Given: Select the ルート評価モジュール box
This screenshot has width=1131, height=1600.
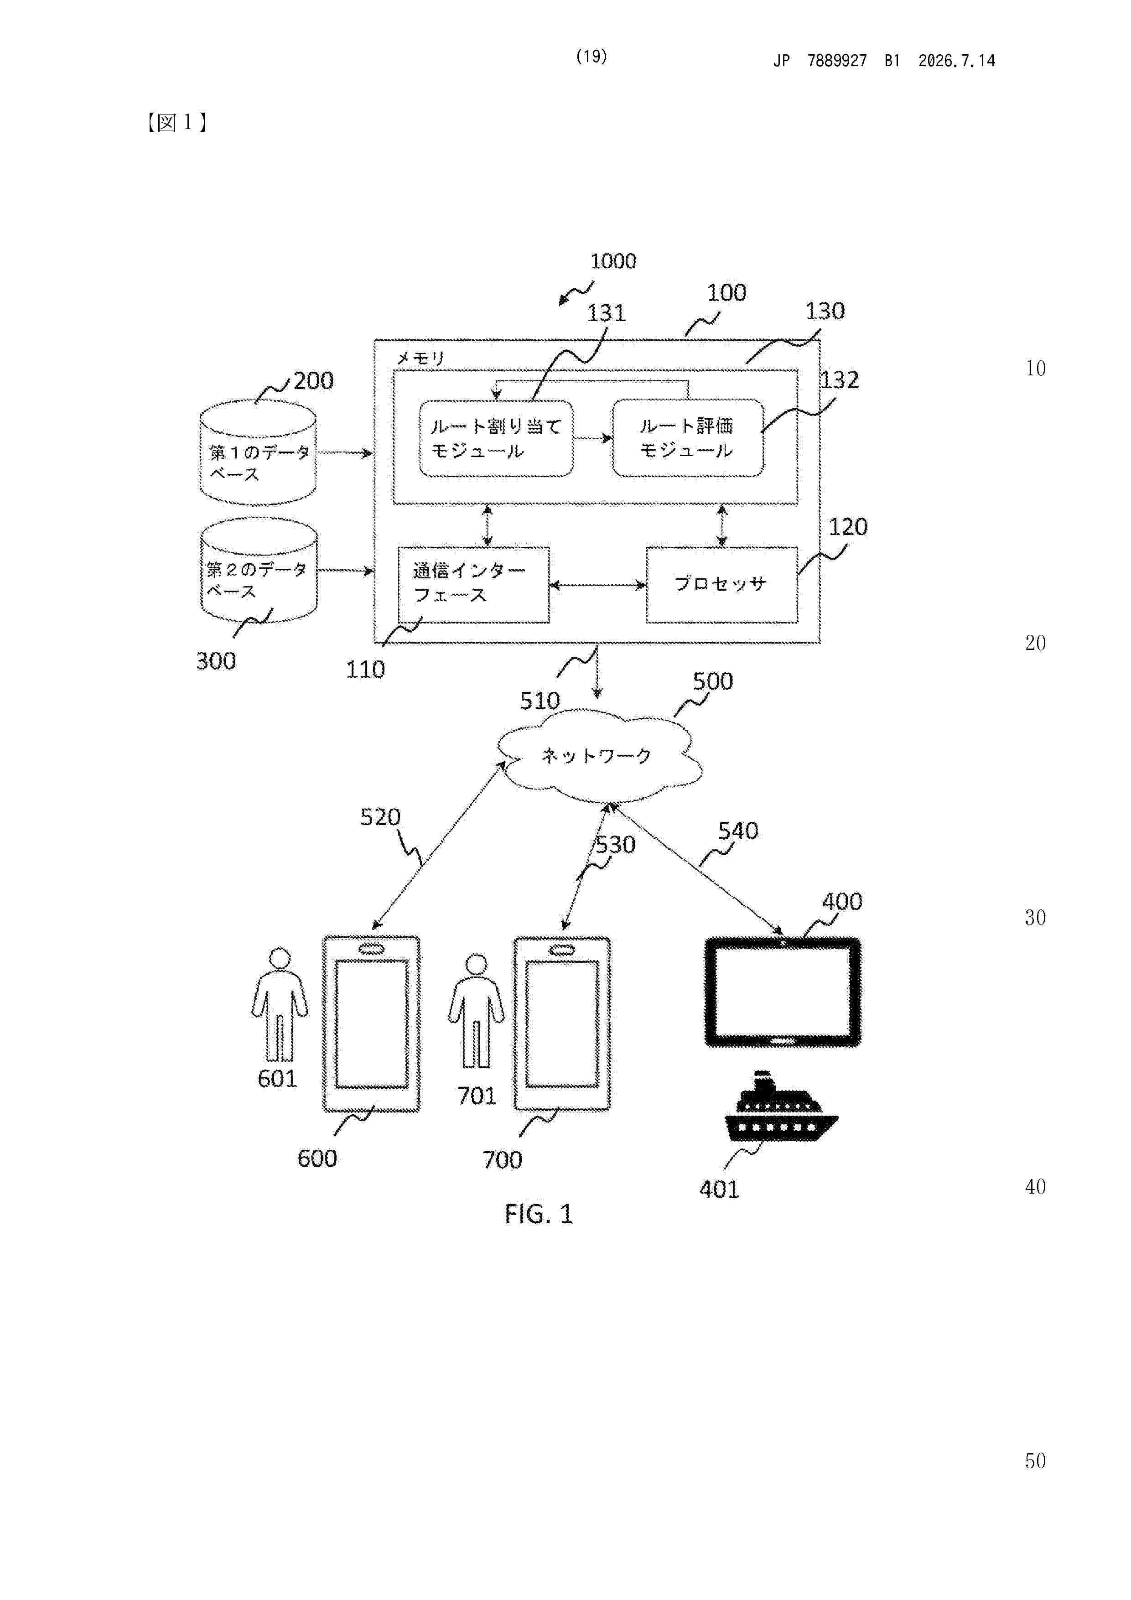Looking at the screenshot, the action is click(688, 438).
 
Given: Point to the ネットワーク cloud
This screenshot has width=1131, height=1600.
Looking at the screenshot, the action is click(598, 755).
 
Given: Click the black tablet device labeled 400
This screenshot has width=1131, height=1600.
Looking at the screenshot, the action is click(783, 992).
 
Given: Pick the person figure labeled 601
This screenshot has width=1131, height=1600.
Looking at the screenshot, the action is click(280, 1004).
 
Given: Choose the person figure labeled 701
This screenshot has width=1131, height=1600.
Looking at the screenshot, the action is click(476, 1011).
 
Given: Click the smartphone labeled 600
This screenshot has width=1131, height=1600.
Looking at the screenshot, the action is click(371, 1023).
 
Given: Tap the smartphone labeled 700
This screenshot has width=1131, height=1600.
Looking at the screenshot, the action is click(562, 1023).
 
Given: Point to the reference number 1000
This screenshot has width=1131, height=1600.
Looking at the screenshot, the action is click(613, 261).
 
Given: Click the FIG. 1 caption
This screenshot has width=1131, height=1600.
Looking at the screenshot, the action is click(539, 1214).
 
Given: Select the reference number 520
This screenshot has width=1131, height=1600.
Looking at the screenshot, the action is click(380, 817).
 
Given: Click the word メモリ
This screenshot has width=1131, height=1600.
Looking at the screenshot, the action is click(420, 358).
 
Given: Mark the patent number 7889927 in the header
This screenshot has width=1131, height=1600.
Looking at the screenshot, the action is click(837, 61).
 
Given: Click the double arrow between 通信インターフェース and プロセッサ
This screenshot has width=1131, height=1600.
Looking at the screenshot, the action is click(598, 585).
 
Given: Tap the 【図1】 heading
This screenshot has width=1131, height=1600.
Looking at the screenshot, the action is click(177, 123).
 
